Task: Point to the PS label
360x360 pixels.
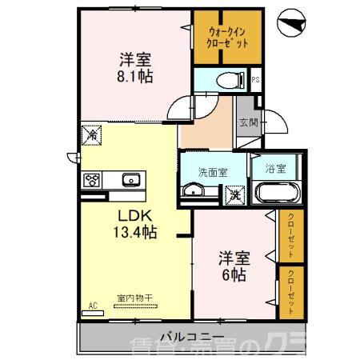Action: tap(255, 80)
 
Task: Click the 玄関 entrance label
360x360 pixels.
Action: tap(247, 122)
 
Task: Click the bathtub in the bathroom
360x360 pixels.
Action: tap(276, 194)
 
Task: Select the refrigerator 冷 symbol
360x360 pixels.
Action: tap(92, 137)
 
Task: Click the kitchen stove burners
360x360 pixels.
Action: tap(92, 179)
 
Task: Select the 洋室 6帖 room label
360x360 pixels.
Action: tap(234, 266)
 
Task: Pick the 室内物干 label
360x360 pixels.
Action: tap(134, 298)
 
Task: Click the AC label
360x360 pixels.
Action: tap(93, 306)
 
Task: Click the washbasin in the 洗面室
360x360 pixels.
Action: tap(193, 190)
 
